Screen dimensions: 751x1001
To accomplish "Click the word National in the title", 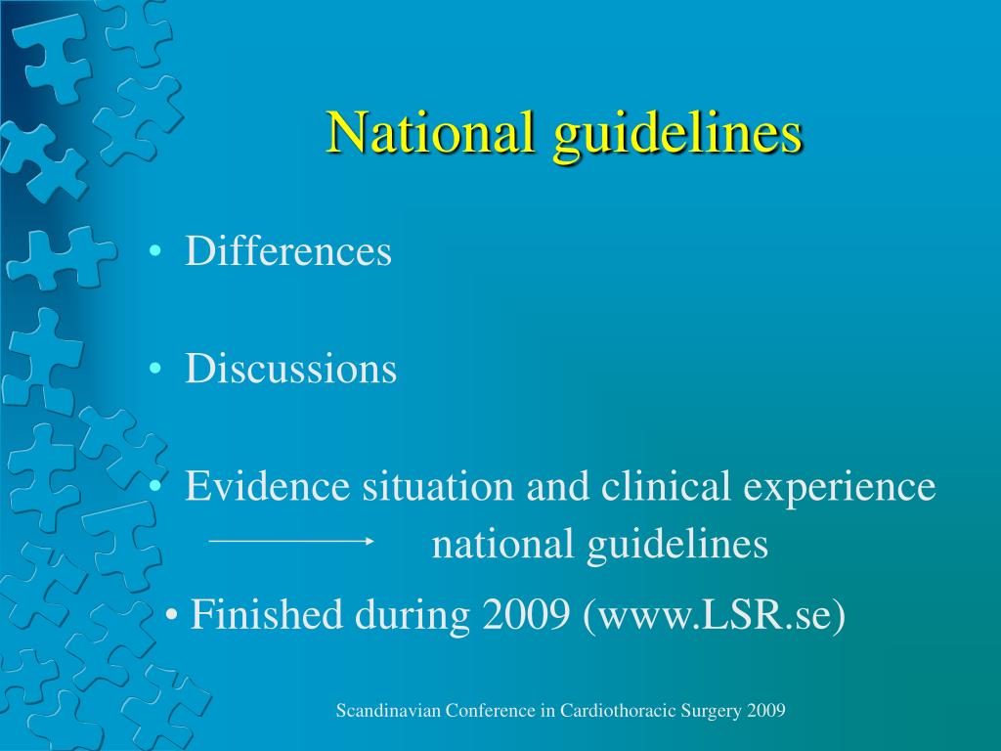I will point(431,132).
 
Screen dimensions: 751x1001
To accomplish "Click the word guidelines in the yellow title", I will point(677,134).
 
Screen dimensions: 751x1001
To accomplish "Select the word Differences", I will point(288,251).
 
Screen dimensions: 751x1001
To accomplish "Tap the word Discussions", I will point(291,369).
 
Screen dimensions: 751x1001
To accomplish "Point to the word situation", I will point(438,486).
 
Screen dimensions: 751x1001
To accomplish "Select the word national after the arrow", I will point(504,545).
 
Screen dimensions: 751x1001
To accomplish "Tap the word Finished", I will point(267,615).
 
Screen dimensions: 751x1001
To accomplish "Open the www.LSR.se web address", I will point(714,616).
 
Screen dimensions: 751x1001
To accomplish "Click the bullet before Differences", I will point(156,253).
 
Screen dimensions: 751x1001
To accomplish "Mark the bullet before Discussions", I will point(156,371).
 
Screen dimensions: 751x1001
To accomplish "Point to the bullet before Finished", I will point(173,617).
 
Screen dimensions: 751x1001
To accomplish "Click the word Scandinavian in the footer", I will point(388,711).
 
